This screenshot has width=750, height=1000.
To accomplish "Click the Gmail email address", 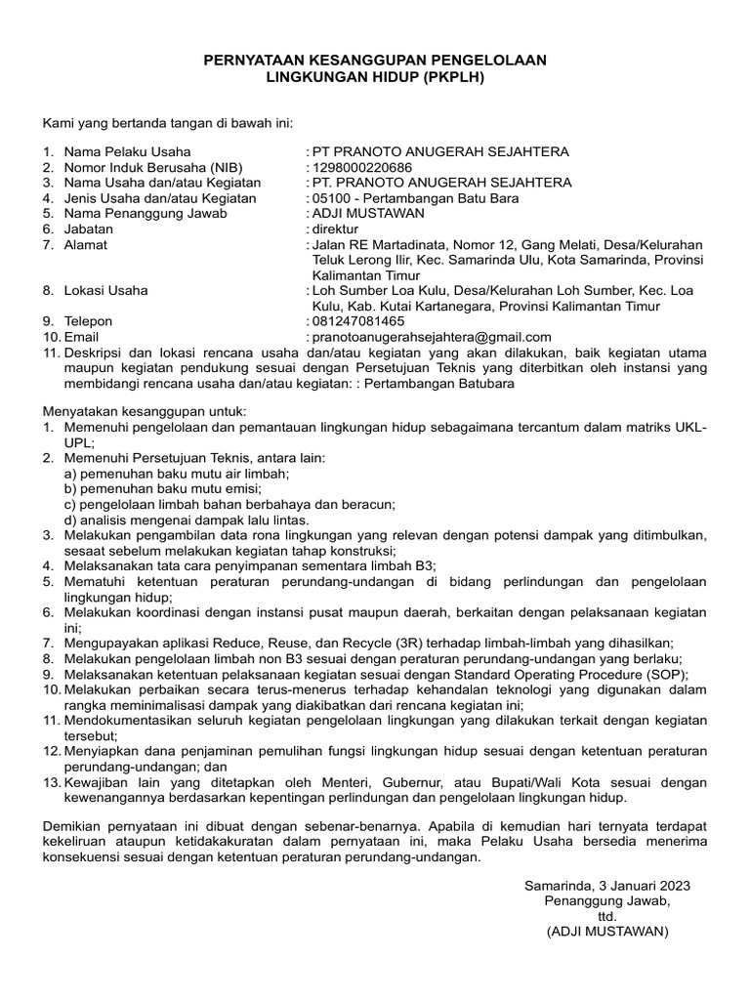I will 431,337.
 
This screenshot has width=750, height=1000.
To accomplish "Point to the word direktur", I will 335,229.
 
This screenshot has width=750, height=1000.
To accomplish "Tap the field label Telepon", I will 89,321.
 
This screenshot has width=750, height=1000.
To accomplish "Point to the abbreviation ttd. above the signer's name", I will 607,917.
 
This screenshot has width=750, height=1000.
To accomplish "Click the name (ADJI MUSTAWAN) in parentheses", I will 607,933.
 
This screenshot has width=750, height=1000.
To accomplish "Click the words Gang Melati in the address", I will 558,244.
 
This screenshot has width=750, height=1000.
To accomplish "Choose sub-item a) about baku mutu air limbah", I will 177,473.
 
